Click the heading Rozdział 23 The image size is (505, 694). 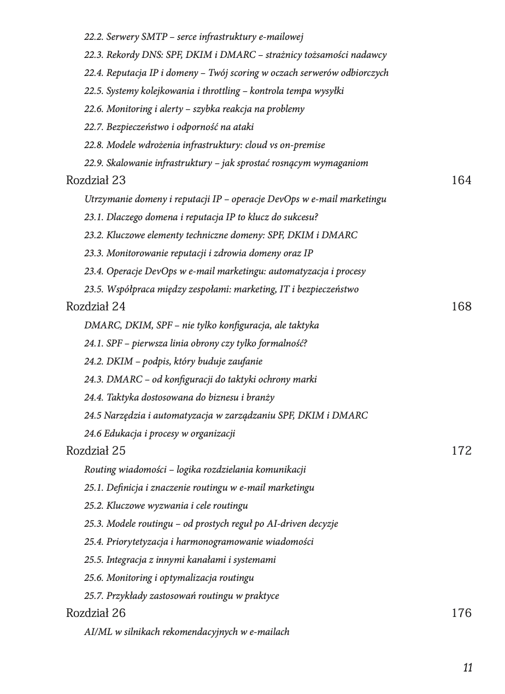click(96, 180)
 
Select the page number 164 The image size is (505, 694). click(461, 180)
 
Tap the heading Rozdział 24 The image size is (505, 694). click(96, 307)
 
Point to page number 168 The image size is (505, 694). click(461, 307)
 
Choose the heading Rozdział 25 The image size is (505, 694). click(96, 451)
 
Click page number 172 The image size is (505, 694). click(461, 451)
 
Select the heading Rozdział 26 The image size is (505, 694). click(96, 613)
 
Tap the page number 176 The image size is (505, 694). click(461, 613)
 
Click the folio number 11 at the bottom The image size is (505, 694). click(467, 668)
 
